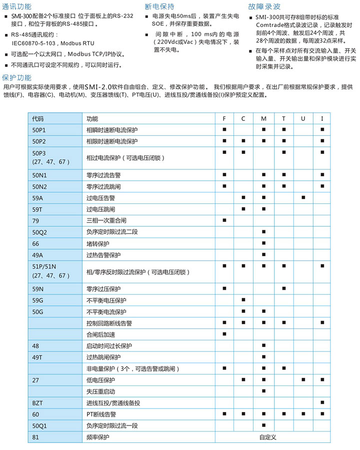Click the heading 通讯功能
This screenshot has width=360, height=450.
[x=16, y=7]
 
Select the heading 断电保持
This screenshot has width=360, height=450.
[x=159, y=7]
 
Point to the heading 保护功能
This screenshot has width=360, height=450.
[x=16, y=77]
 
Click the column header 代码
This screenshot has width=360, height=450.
[x=37, y=119]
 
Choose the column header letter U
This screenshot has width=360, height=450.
[x=303, y=119]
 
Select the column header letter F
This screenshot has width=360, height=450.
[x=224, y=119]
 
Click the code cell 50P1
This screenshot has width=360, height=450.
[x=39, y=130]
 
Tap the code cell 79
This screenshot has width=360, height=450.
[x=35, y=220]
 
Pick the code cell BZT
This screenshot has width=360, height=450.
[x=37, y=403]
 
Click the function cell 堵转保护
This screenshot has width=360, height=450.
[x=97, y=244]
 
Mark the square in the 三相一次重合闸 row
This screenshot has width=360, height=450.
[x=224, y=220]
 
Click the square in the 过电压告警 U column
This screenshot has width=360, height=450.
[x=303, y=198]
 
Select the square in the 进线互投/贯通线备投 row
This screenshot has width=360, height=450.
[x=322, y=403]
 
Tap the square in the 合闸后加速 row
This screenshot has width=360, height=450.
[x=224, y=334]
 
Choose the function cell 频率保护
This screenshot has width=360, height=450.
[x=97, y=437]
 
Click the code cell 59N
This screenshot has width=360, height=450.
[x=38, y=289]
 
